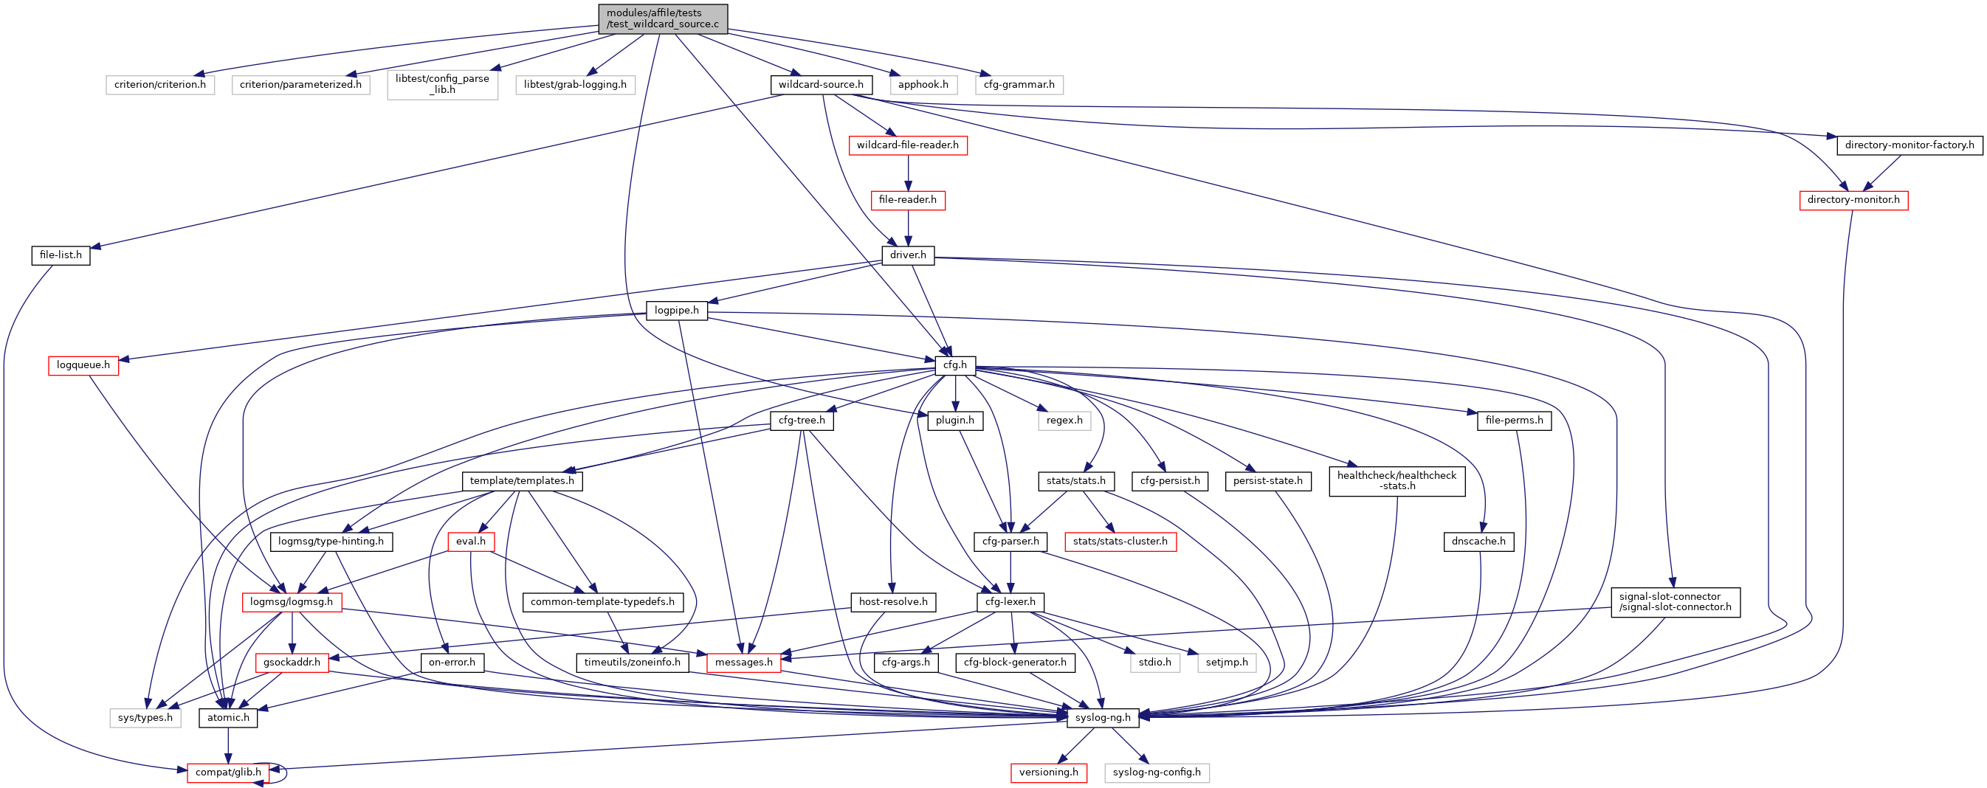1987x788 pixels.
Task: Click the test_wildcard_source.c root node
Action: (x=663, y=18)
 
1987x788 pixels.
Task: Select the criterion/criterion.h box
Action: (x=159, y=85)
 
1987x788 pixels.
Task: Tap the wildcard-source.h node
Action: (x=821, y=85)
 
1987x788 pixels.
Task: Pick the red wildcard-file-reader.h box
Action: (x=907, y=145)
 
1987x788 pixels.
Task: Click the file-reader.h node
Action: (x=907, y=200)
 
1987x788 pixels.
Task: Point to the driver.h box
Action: (x=907, y=255)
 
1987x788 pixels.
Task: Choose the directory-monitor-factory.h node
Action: (x=1909, y=145)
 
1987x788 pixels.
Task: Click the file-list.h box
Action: (x=61, y=255)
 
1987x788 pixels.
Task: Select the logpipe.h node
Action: (x=676, y=311)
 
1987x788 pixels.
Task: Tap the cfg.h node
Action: (x=955, y=365)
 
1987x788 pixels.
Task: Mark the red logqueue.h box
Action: (x=83, y=365)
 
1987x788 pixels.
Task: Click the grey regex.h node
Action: (x=1064, y=421)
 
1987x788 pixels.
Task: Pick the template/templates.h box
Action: (x=522, y=481)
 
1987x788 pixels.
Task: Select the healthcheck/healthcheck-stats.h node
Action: (x=1397, y=481)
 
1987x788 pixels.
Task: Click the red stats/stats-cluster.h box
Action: (x=1120, y=542)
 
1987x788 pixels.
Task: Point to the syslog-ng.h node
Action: (x=1103, y=718)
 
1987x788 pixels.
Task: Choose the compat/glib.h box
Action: (x=228, y=773)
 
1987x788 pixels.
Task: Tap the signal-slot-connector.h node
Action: (x=1675, y=602)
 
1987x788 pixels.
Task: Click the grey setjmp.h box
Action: (x=1227, y=663)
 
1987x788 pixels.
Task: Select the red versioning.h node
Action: (x=1048, y=773)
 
